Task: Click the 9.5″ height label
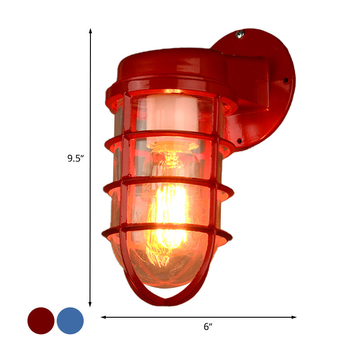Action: [76, 158]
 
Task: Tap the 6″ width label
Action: [207, 327]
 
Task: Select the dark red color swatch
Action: [41, 321]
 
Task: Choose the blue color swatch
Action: [70, 321]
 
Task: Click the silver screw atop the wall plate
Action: [240, 33]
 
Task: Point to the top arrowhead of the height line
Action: [90, 31]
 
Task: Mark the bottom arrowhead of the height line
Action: [90, 305]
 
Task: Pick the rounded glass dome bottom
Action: [166, 265]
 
